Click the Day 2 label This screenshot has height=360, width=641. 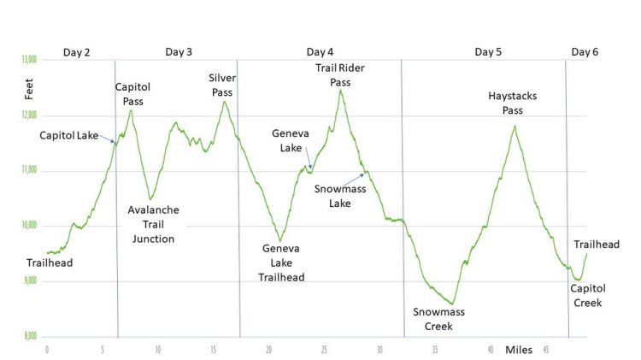point(76,52)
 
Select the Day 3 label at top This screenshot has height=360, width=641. point(179,52)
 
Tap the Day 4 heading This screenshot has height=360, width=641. point(320,52)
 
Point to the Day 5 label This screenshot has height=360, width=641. point(488,52)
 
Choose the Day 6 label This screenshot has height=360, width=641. point(585,52)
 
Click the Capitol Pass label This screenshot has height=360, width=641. point(133,93)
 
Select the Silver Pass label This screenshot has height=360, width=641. point(222,84)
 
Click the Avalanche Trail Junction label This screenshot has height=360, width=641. point(153,224)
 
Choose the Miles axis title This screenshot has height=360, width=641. point(518,350)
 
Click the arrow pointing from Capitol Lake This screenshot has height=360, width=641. point(107,139)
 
